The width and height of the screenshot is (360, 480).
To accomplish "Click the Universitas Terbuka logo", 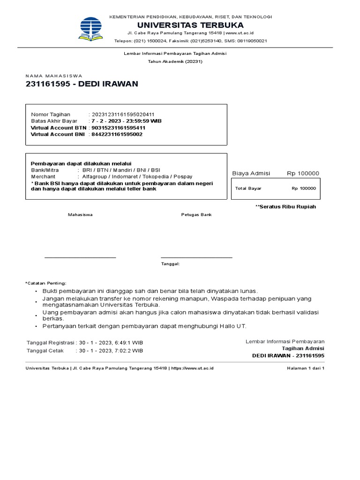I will coord(91,29).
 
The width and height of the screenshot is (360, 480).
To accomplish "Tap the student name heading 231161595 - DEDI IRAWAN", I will coord(82,84).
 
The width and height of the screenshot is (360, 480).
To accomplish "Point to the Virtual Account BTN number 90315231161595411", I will coord(118,127).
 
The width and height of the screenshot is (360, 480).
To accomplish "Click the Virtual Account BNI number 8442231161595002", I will coord(117,134).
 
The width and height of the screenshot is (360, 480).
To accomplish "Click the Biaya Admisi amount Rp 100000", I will coord(303,173).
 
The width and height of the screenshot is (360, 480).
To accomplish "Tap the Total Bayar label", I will coord(248,188).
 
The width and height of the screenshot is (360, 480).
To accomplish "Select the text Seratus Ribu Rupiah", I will coord(288,207).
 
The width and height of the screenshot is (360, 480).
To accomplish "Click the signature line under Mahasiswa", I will coord(80,257).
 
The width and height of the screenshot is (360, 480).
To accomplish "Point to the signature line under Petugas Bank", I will coord(196,257).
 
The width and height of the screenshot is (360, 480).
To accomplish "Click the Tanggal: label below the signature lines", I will coord(171,264).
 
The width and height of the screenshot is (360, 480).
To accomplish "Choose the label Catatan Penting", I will coord(46,283).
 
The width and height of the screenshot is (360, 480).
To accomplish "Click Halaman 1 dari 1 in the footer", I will coord(306,368).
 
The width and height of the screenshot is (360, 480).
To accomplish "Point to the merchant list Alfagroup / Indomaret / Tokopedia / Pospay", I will coord(137,176).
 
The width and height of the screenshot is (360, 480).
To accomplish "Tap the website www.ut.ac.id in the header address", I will coord(241,33).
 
